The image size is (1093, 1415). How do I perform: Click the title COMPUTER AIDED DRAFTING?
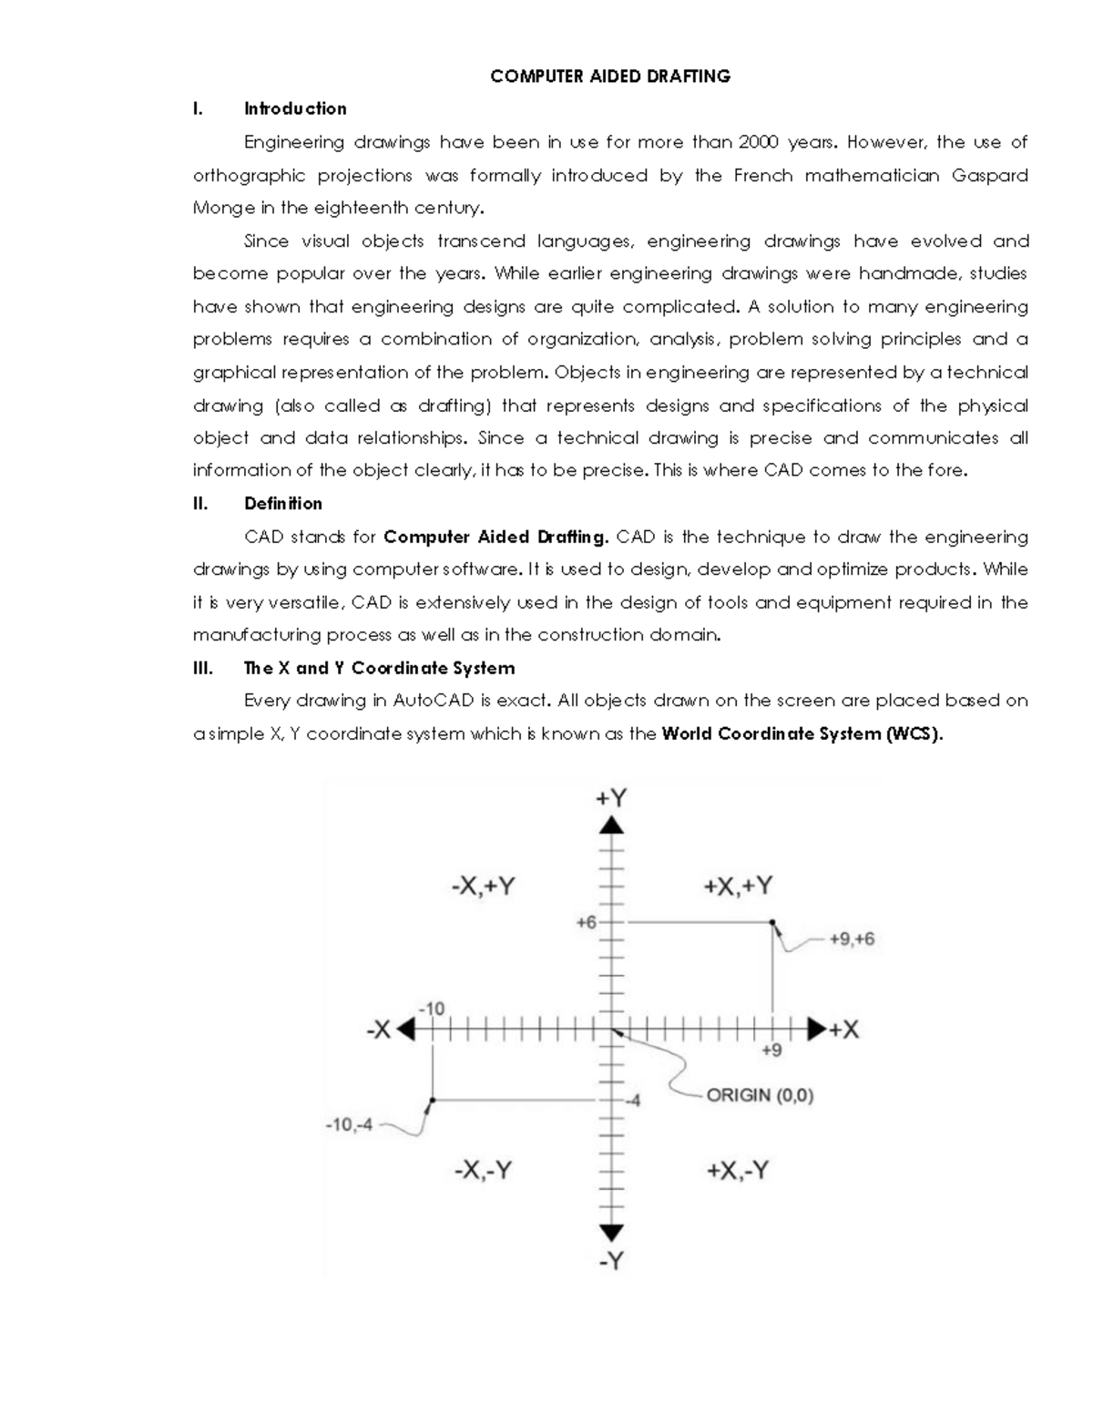coord(610,77)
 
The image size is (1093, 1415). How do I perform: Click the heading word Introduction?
coord(295,109)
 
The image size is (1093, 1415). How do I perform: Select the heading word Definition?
coord(283,504)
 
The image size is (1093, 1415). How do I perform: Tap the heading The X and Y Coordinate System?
coord(379,669)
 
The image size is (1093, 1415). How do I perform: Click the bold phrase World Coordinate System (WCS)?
coord(802,734)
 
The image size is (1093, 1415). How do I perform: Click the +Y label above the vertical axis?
coord(611,798)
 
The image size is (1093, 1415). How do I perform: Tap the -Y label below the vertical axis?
coord(611,1262)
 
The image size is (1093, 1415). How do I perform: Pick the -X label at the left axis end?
coord(378,1030)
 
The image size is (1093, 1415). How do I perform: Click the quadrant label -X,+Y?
coord(484,887)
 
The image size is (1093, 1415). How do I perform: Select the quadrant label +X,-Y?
coord(738,1171)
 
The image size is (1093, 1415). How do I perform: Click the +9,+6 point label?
coord(852,939)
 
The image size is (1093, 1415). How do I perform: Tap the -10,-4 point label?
coord(349,1125)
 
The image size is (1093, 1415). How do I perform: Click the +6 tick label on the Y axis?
coord(586,922)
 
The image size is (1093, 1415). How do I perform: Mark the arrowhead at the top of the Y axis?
coord(611,825)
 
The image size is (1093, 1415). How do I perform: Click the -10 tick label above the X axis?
coord(431,1009)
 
